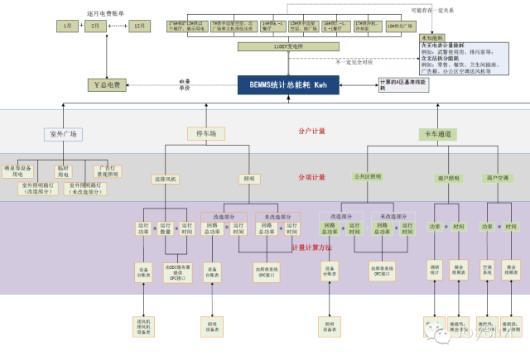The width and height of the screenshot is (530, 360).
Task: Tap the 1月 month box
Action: pos(69,26)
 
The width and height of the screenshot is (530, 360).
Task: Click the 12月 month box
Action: pos(139,26)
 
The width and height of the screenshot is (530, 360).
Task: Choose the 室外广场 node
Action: pos(63,133)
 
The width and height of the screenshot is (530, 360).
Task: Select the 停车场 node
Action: pos(206,133)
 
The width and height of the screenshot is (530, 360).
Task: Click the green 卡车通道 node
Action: pos(437,133)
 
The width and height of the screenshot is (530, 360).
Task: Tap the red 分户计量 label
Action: pos(311,131)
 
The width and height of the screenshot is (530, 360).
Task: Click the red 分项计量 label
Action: pos(311,177)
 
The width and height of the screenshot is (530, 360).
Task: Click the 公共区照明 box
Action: pos(368,177)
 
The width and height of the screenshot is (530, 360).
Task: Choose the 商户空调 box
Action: pos(499,177)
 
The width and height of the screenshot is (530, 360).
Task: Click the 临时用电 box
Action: pos(64,171)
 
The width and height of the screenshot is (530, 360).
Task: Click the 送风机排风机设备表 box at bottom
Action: pos(144,324)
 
